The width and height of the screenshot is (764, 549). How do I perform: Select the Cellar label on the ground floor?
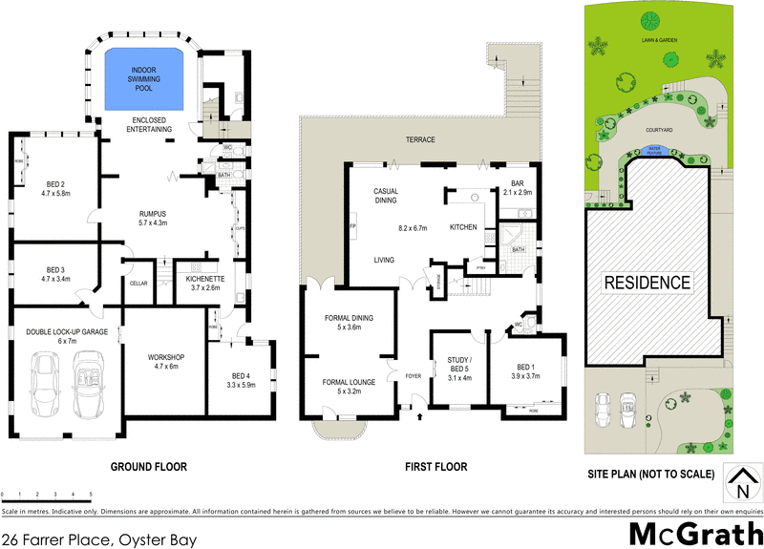[138, 283]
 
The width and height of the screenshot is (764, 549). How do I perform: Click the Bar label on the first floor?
[519, 187]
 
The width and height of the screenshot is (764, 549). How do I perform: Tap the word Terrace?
[419, 139]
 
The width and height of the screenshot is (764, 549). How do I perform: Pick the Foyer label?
[413, 374]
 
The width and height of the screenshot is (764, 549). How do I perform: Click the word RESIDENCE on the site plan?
[646, 283]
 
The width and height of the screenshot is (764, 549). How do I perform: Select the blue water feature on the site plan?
[655, 149]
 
